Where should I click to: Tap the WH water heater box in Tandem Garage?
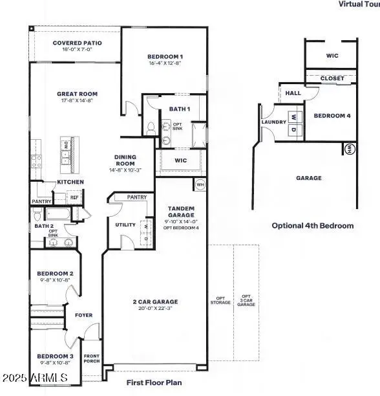pos(200,185)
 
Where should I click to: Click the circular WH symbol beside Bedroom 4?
pos(349,149)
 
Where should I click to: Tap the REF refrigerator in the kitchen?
pos(74,198)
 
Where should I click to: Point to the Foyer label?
pos(84,316)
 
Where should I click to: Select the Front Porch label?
pos(91,360)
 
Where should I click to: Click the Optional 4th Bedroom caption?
pos(312,226)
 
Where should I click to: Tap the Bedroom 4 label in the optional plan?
pos(332,116)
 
